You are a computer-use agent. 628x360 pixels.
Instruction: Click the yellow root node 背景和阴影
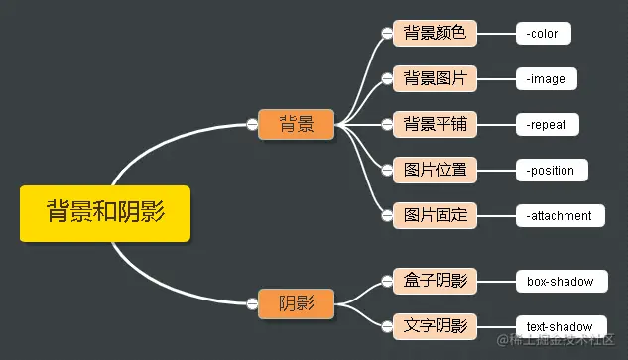(104, 211)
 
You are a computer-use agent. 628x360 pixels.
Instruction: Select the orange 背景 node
(297, 124)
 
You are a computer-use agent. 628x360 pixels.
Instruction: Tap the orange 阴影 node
(297, 303)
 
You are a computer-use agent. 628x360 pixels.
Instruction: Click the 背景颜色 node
(436, 33)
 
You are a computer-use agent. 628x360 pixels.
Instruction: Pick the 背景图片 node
(436, 77)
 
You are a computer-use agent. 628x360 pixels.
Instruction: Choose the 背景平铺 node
(436, 124)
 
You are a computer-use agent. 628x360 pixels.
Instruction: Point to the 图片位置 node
(436, 169)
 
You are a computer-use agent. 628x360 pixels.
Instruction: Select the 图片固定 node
(436, 214)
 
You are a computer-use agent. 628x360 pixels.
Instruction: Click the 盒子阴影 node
(436, 281)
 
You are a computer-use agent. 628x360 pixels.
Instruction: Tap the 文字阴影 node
(436, 325)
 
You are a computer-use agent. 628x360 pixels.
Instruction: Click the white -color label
(543, 34)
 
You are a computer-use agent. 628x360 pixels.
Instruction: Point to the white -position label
(552, 170)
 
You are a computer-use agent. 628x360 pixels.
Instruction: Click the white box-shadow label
(560, 282)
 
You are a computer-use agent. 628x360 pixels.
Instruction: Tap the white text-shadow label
(560, 326)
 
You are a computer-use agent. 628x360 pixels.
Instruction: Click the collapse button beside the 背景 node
(252, 124)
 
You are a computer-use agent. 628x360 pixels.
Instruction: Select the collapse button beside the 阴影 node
(252, 303)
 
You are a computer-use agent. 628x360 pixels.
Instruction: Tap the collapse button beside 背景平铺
(387, 124)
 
